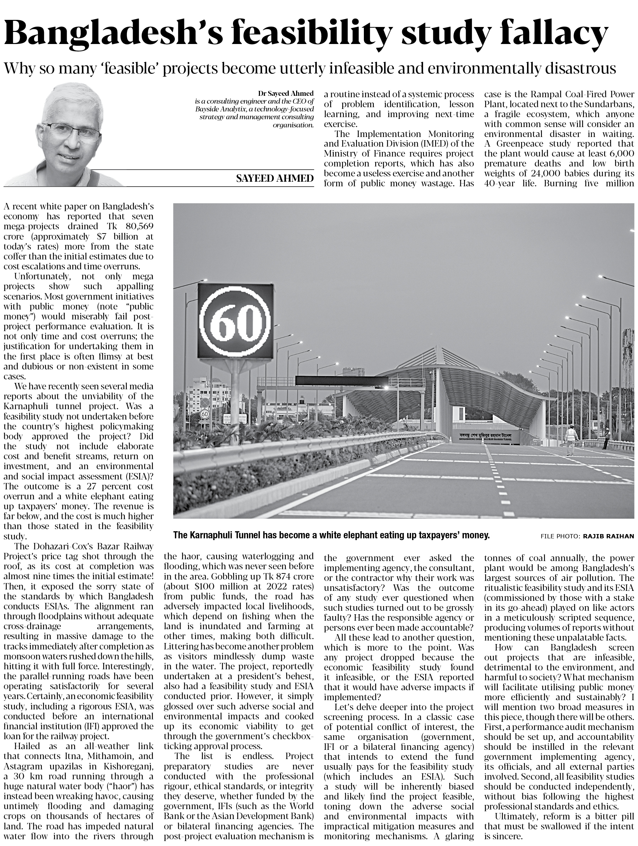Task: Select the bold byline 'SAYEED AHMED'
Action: pos(274,178)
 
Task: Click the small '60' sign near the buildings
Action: pos(205,413)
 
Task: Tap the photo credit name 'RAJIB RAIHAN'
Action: pos(608,536)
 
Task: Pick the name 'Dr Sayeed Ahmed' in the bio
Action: pos(285,93)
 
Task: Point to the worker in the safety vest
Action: pos(570,441)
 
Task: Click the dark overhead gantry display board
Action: pos(342,380)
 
